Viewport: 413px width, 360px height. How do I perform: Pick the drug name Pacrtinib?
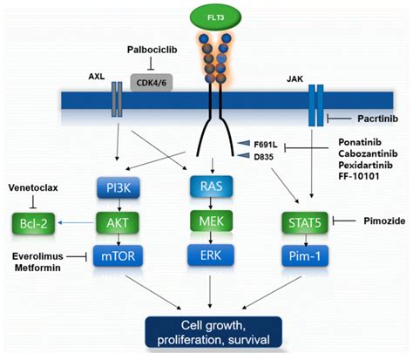click(377, 117)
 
